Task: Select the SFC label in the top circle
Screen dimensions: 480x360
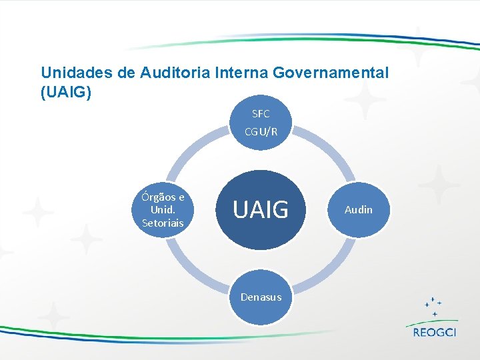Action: click(261, 114)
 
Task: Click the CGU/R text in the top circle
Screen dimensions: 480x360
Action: click(261, 131)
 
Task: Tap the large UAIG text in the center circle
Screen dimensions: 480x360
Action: click(261, 210)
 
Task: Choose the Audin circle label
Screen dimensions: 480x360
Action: click(358, 210)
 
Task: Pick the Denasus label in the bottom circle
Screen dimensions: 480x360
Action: click(261, 297)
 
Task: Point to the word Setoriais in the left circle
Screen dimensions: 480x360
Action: click(163, 223)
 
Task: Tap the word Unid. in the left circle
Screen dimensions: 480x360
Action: click(163, 210)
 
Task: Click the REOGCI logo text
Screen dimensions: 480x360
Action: click(434, 333)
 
